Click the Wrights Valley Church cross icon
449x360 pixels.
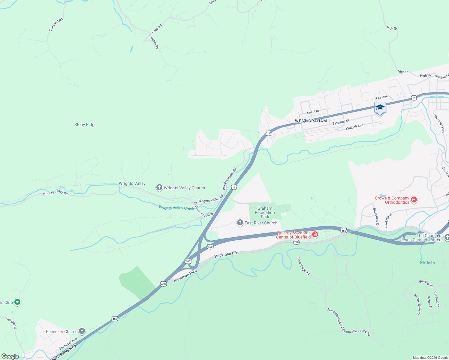pos(159,188)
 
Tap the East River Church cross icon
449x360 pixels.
pos(240,223)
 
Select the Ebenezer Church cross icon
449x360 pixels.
pos(82,331)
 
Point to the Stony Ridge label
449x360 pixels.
pos(86,124)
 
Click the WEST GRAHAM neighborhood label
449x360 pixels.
pos(311,121)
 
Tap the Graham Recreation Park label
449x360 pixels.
pos(265,212)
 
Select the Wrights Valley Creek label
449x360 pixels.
pos(176,208)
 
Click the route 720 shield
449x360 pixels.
pos(296,242)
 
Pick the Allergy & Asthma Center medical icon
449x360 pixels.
pos(315,234)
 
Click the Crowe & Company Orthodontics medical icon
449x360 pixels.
pos(414,199)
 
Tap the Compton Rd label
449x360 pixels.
pos(56,25)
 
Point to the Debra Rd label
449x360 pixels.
pos(155,43)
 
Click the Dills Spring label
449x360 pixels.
pos(427,262)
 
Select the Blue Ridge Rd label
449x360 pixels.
pos(303,266)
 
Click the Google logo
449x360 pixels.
pos(10,356)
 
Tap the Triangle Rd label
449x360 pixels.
pos(11,323)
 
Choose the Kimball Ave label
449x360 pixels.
pos(354,127)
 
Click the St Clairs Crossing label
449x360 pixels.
pos(203,210)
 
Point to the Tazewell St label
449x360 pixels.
pos(341,122)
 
